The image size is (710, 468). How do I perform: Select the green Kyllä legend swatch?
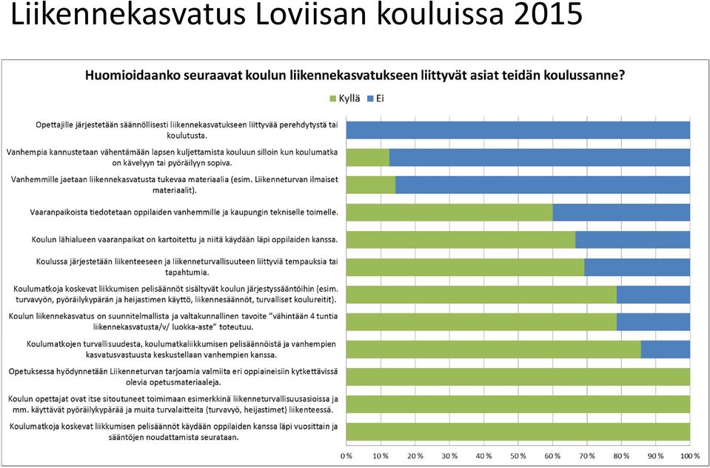point(333,98)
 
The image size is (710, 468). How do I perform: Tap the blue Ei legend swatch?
point(369,98)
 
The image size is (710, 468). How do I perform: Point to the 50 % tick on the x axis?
point(518,455)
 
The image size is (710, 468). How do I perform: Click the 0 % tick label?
point(346,455)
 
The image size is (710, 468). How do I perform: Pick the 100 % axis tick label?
point(689,455)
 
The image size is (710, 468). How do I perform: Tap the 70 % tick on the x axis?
point(587,455)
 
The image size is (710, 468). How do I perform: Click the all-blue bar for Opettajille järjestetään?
point(518,130)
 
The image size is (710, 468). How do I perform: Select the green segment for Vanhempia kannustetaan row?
point(368,157)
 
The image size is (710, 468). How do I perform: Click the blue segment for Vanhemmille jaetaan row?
point(543,185)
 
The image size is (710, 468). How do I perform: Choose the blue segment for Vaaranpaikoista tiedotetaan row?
point(621,212)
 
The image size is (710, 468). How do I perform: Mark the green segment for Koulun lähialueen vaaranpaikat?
point(461,240)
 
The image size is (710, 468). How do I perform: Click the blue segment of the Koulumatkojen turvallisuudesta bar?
point(666,350)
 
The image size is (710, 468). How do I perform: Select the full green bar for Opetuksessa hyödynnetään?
point(518,377)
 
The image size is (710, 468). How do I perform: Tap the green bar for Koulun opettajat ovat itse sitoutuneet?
point(518,404)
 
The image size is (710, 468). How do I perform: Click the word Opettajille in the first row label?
point(54,124)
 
